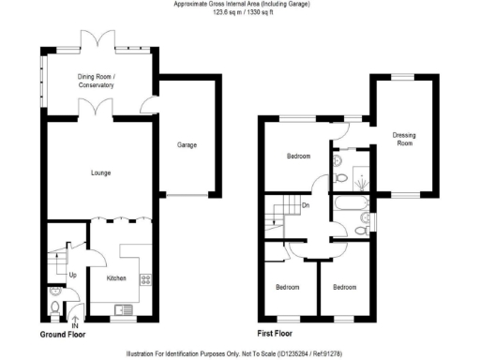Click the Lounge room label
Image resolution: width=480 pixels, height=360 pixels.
[101, 172]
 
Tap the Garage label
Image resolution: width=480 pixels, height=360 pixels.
[187, 145]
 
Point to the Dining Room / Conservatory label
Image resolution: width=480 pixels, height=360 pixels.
[96, 82]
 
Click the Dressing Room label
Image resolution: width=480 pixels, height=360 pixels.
[403, 140]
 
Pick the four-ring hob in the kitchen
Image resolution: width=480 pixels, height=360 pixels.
[144, 277]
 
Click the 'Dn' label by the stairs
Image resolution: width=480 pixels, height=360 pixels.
[305, 205]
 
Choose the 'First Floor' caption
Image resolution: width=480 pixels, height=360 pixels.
[278, 334]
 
